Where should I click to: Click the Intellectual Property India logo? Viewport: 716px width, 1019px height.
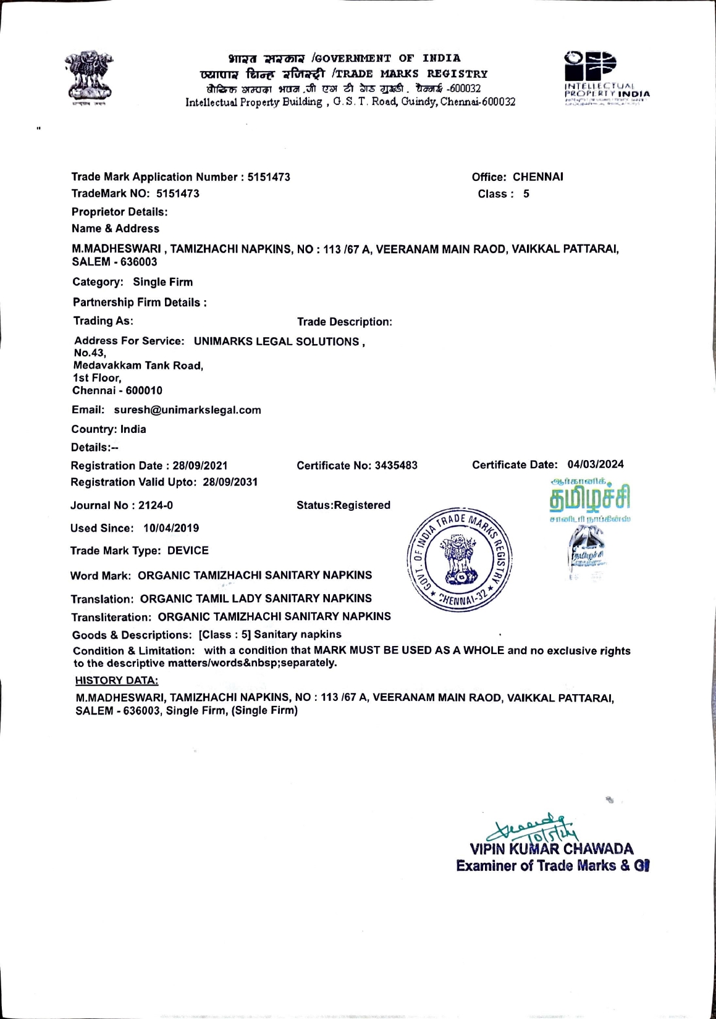(604, 77)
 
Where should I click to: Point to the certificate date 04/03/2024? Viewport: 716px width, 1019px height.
(596, 464)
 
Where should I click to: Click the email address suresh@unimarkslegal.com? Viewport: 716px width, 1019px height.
(187, 410)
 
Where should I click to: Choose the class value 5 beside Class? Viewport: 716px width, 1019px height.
(526, 194)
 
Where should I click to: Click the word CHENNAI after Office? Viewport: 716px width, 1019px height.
(537, 177)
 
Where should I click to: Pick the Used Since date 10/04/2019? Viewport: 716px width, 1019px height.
(171, 529)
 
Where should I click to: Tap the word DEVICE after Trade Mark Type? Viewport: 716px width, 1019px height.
(188, 551)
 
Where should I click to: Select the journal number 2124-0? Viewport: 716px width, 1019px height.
(156, 506)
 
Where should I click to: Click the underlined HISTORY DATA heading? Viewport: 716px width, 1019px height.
(117, 681)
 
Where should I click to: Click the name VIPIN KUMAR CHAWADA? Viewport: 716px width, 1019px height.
(552, 849)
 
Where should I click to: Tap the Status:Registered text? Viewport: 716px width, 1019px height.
(343, 505)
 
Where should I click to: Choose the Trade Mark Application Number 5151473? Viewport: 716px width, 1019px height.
(269, 177)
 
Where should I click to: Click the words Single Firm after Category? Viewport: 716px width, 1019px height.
(163, 282)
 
